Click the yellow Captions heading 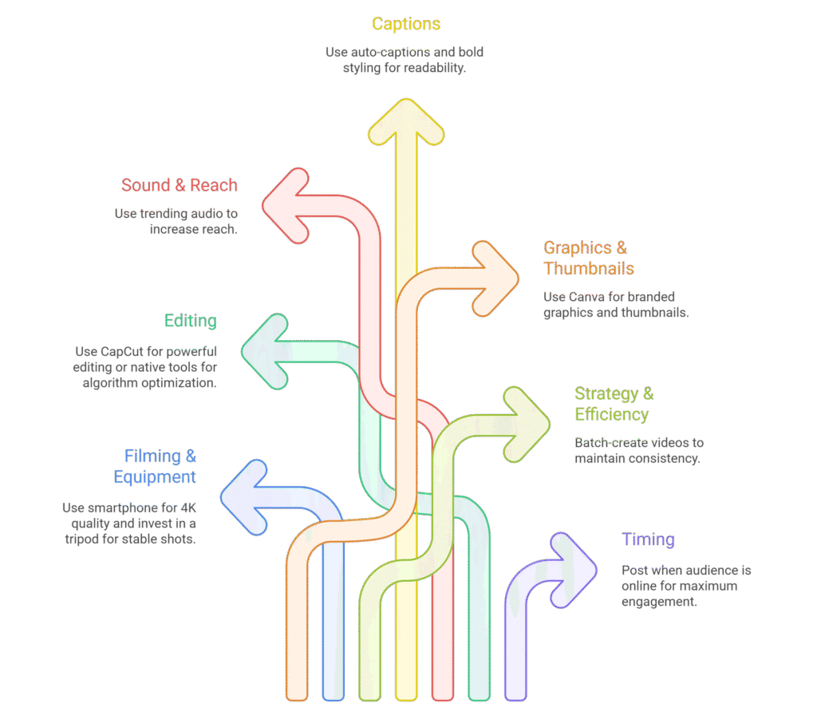(x=406, y=24)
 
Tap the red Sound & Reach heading (x=180, y=185)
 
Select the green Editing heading (x=191, y=321)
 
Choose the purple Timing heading (x=648, y=539)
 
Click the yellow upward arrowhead (x=406, y=120)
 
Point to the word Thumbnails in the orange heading (x=589, y=268)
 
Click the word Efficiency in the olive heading (x=611, y=414)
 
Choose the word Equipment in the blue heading (x=155, y=476)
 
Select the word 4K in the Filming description (x=185, y=508)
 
